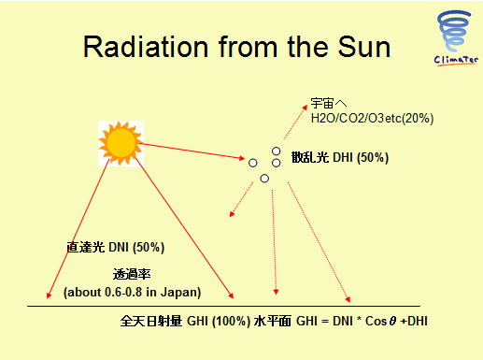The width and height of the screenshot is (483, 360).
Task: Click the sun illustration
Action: [x=121, y=143]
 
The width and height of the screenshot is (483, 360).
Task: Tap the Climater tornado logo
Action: [x=455, y=38]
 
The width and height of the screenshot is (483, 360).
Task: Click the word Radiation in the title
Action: [x=146, y=47]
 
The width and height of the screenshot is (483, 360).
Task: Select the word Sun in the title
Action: [x=363, y=47]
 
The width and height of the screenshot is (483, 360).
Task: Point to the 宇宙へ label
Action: [x=329, y=103]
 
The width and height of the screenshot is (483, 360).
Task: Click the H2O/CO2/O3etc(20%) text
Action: [x=372, y=119]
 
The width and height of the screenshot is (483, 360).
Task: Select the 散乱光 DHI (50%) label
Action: [x=340, y=157]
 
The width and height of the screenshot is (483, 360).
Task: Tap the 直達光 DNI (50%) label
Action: [x=116, y=247]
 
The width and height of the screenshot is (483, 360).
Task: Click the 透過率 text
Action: [x=132, y=274]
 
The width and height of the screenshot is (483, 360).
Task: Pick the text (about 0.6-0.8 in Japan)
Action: [x=132, y=293]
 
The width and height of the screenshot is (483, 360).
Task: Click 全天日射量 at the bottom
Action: [x=151, y=321]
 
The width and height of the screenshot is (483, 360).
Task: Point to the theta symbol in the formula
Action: [x=392, y=321]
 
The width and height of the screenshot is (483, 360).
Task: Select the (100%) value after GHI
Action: [x=231, y=321]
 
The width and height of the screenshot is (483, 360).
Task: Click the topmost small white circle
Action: [x=276, y=151]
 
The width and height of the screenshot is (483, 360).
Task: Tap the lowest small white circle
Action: [x=264, y=179]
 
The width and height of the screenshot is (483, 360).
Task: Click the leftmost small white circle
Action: [x=253, y=163]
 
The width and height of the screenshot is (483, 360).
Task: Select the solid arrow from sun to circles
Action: [x=192, y=151]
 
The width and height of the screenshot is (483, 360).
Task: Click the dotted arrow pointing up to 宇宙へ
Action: [x=295, y=122]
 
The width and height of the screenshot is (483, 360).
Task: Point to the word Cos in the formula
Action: [x=376, y=321]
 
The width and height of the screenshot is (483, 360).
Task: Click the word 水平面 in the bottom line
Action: [x=273, y=321]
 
